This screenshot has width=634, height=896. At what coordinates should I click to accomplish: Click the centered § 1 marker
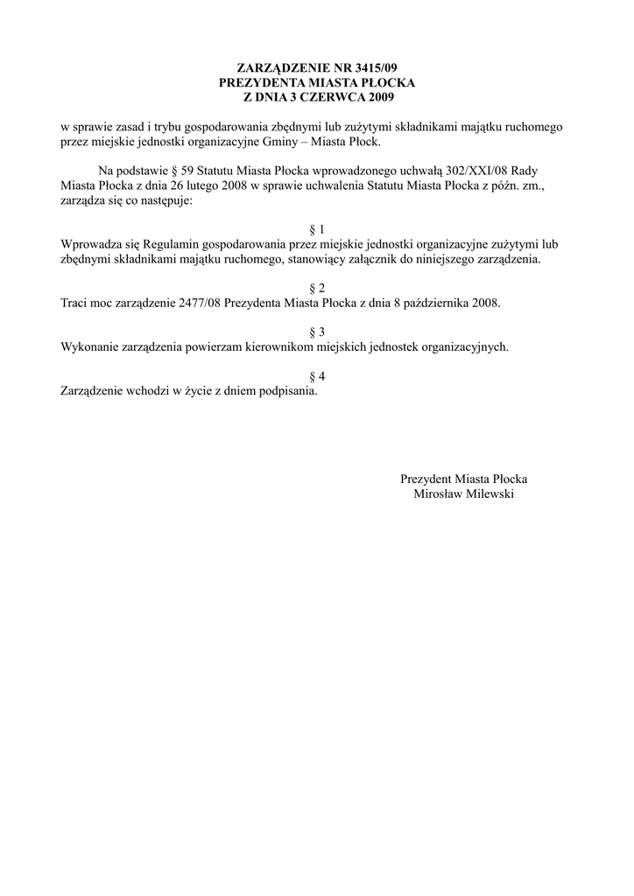click(x=317, y=229)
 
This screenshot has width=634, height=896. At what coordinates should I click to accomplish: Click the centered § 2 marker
click(x=317, y=288)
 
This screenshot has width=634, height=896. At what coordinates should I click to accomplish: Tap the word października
click(x=431, y=303)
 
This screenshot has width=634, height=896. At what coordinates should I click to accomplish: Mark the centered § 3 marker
click(x=317, y=332)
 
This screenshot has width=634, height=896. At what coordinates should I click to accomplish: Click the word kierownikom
click(x=285, y=346)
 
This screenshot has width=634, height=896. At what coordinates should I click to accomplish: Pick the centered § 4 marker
click(x=317, y=376)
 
